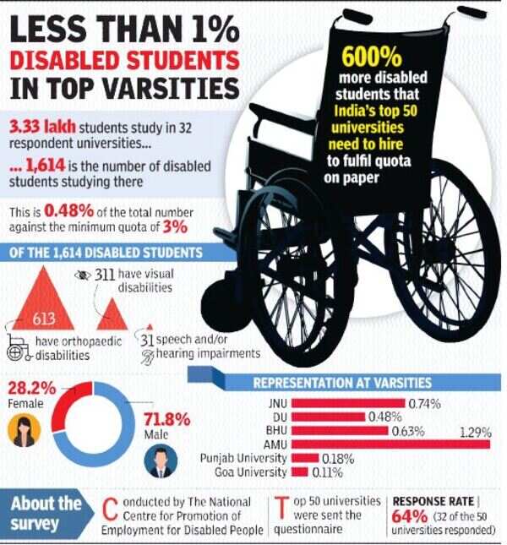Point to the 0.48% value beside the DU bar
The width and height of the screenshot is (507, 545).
tap(384, 417)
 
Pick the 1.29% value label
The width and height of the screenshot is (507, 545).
tap(475, 430)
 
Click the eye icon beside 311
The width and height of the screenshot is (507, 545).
tap(83, 275)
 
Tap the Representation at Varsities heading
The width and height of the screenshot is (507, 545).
tap(343, 384)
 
